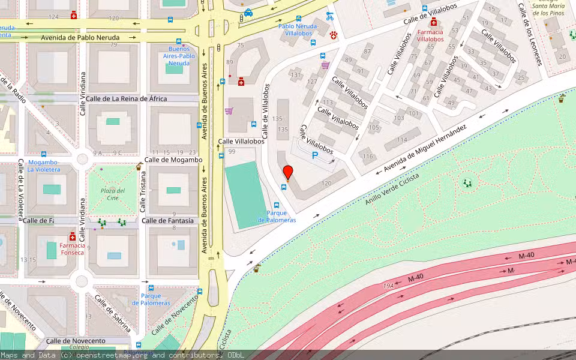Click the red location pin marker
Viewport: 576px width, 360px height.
288,172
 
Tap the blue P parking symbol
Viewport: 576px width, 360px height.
315,155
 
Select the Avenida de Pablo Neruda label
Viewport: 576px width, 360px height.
80,37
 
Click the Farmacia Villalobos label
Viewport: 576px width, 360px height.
430,35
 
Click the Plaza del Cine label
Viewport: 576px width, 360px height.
112,194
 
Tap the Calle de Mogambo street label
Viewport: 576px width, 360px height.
173,160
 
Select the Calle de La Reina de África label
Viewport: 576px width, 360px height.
126,98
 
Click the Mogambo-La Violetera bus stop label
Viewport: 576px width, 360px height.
43,166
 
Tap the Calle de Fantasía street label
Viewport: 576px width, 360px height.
168,221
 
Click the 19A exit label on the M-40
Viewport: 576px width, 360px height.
389,286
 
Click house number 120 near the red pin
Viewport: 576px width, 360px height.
326,183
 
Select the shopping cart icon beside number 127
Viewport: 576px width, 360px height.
325,65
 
